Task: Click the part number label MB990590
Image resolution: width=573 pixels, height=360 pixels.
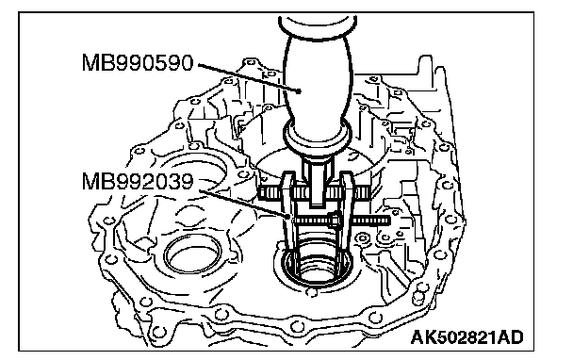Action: (138, 62)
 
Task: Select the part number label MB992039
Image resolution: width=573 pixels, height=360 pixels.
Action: (138, 181)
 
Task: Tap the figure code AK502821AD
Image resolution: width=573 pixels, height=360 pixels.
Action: (467, 337)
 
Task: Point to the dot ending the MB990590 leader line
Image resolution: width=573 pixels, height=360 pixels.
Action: (300, 91)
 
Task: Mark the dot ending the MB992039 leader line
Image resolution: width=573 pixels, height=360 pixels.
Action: (288, 217)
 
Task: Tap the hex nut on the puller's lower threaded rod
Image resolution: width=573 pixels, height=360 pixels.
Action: (335, 220)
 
